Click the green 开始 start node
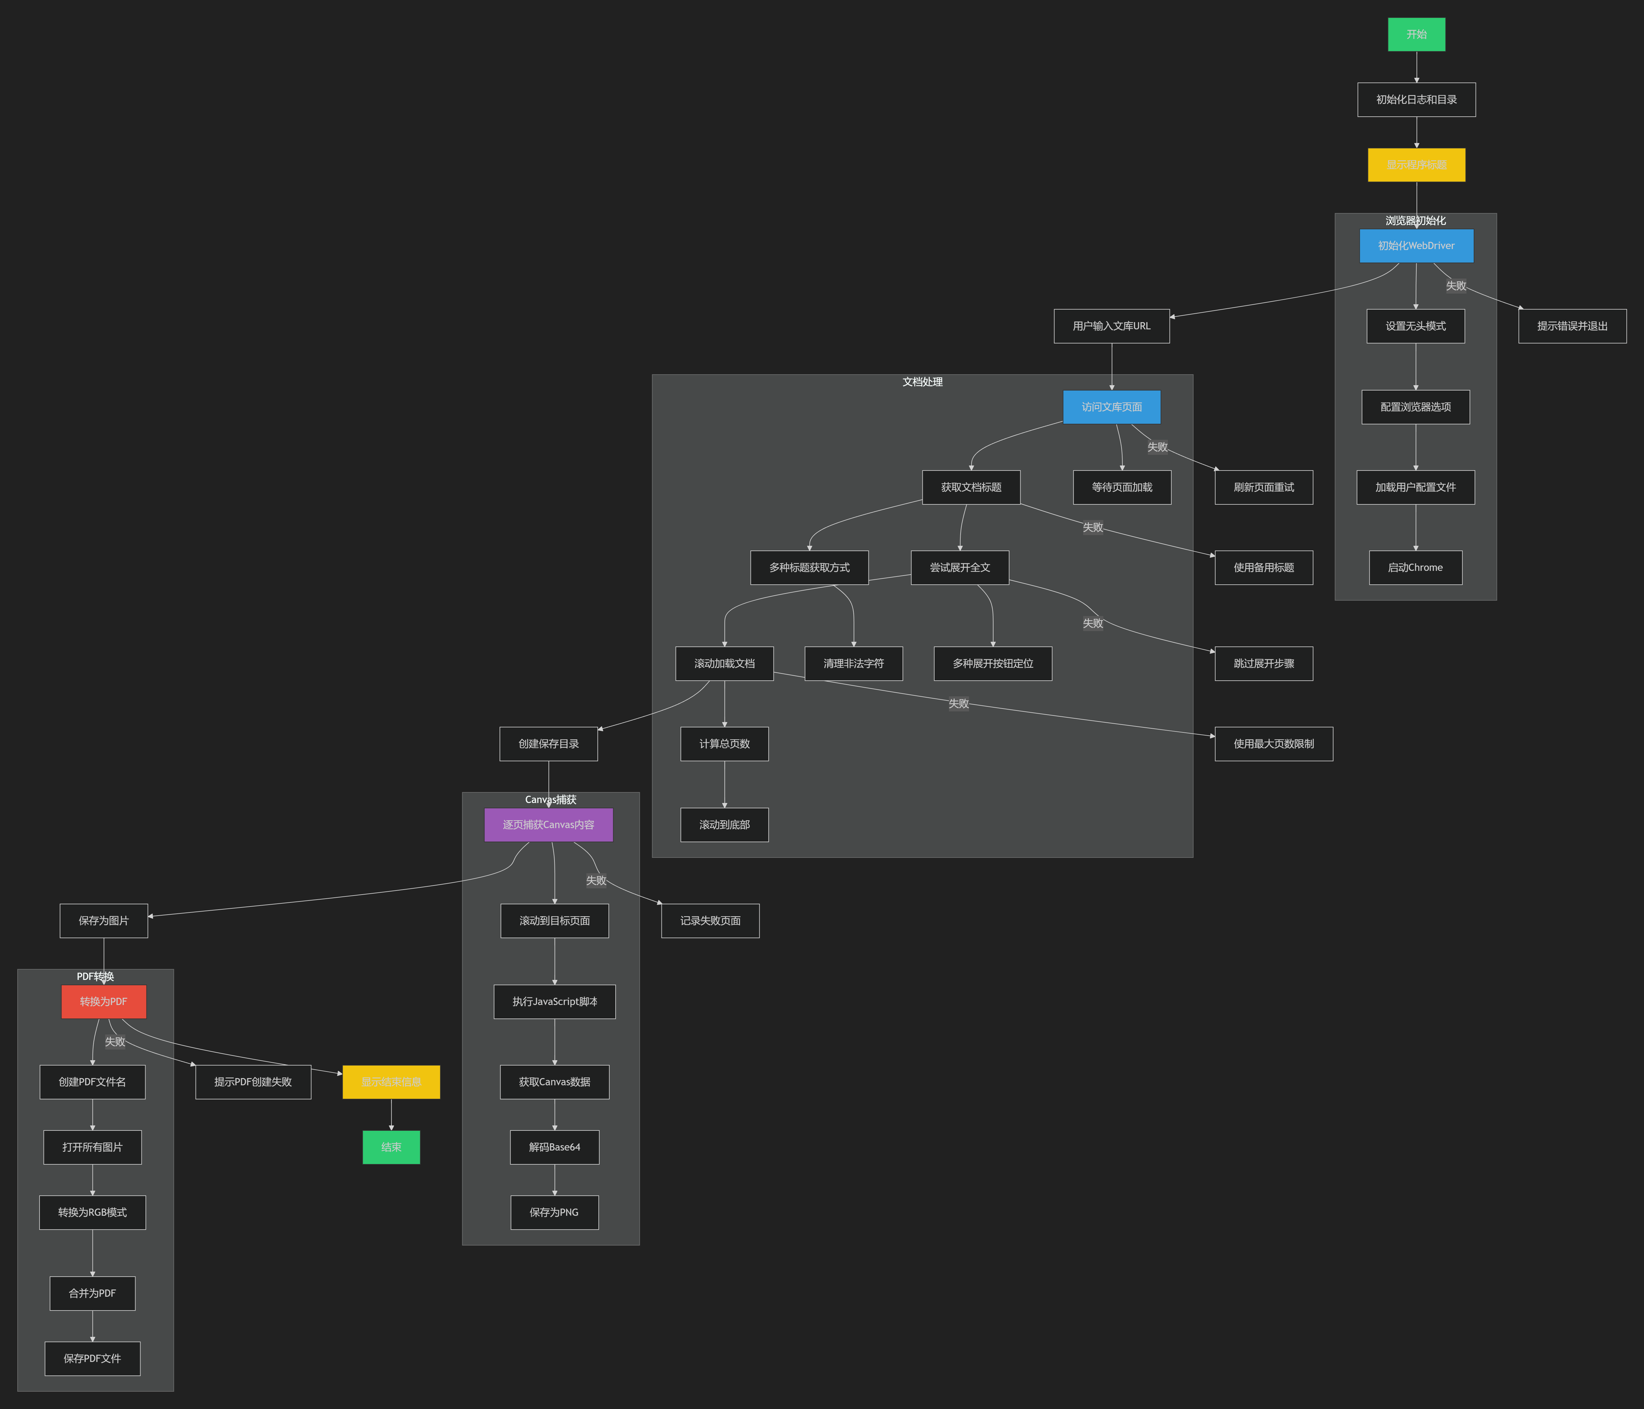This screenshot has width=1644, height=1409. click(1416, 34)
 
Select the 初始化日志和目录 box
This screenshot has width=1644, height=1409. click(1416, 100)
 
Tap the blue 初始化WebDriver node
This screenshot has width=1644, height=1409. click(1416, 246)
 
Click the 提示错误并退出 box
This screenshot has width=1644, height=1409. click(1572, 326)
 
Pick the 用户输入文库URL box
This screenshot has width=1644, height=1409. click(1111, 326)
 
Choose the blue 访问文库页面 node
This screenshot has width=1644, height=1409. click(1111, 407)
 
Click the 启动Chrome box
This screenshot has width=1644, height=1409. click(1415, 567)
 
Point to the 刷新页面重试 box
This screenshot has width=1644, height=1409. click(1263, 487)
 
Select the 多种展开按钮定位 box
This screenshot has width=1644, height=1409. click(993, 663)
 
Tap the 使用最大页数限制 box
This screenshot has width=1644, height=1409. click(1274, 743)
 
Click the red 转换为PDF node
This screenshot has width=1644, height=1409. click(103, 1001)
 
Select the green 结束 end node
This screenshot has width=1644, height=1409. click(391, 1147)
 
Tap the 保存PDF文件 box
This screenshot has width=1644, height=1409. click(92, 1358)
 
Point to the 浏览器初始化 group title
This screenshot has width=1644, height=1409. click(1415, 221)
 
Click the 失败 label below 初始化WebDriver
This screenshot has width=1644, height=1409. click(1456, 286)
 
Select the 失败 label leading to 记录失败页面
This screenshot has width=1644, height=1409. click(596, 881)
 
